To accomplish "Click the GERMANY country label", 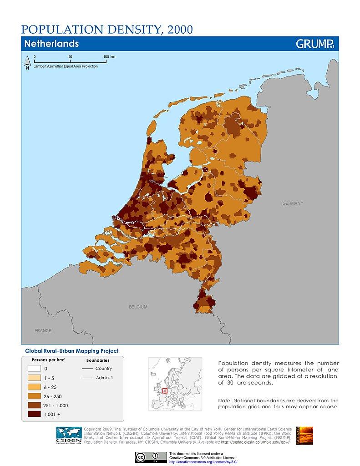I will pyautogui.click(x=292, y=203).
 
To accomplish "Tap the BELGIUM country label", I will pyautogui.click(x=138, y=307).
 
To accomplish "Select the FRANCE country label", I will pyautogui.click(x=43, y=330).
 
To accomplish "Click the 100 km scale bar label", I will pyautogui.click(x=109, y=56).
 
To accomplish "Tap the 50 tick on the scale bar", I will pyautogui.click(x=70, y=56).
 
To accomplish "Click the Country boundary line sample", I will pyautogui.click(x=87, y=369).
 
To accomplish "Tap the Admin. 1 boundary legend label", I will pyautogui.click(x=104, y=378).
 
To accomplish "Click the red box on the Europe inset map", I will pyautogui.click(x=165, y=390).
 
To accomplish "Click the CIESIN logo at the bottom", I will pyautogui.click(x=69, y=436).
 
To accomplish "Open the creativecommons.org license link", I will pyautogui.click(x=203, y=461).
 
